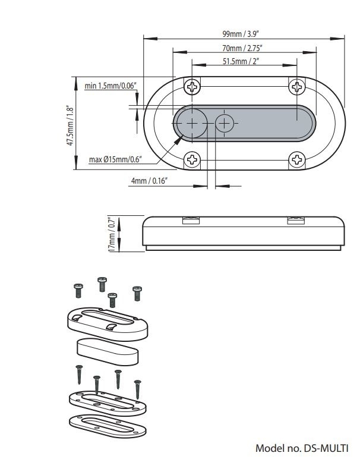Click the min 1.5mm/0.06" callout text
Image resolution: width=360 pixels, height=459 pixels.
(x=110, y=86)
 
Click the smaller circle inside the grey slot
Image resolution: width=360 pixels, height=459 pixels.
(x=225, y=124)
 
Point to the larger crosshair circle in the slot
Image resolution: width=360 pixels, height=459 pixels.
(x=191, y=124)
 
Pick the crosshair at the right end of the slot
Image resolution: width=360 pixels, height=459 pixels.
(x=295, y=124)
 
